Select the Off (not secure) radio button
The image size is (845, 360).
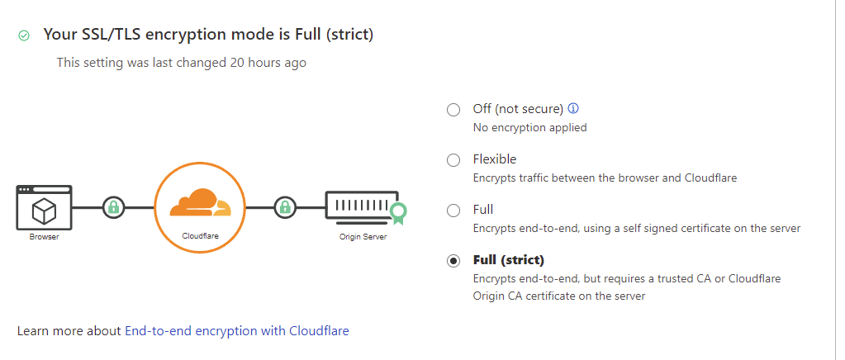click(x=453, y=110)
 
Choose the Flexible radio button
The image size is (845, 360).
click(x=453, y=160)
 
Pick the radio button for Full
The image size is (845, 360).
click(x=453, y=211)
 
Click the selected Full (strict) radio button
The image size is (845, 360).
click(x=453, y=261)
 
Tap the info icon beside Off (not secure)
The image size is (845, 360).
click(x=573, y=109)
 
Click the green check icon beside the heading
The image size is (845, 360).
click(x=24, y=36)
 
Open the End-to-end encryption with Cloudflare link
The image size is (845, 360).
click(x=236, y=330)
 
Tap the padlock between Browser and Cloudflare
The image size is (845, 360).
click(x=112, y=206)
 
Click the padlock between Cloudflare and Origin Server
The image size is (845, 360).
click(x=285, y=206)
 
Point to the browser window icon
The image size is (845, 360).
click(x=44, y=207)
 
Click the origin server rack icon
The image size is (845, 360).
click(x=358, y=206)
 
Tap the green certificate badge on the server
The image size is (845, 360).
click(x=399, y=213)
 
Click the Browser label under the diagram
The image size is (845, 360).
click(x=44, y=237)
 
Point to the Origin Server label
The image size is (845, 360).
click(x=363, y=237)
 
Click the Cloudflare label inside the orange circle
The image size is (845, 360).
click(x=199, y=235)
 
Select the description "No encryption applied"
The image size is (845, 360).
click(x=529, y=127)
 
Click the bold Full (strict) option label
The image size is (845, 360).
click(x=508, y=260)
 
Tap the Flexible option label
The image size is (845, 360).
click(x=494, y=159)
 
